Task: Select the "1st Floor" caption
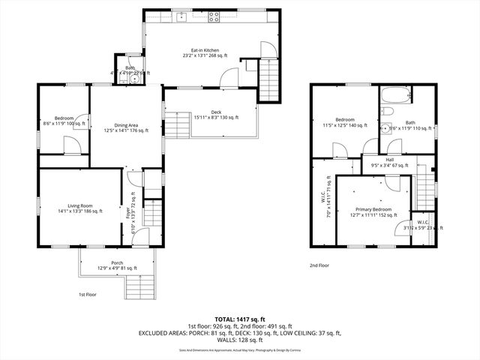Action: [88, 295]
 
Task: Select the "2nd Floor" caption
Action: [319, 265]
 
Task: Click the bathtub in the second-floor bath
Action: [394, 94]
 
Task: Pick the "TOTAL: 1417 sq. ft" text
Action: [240, 318]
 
